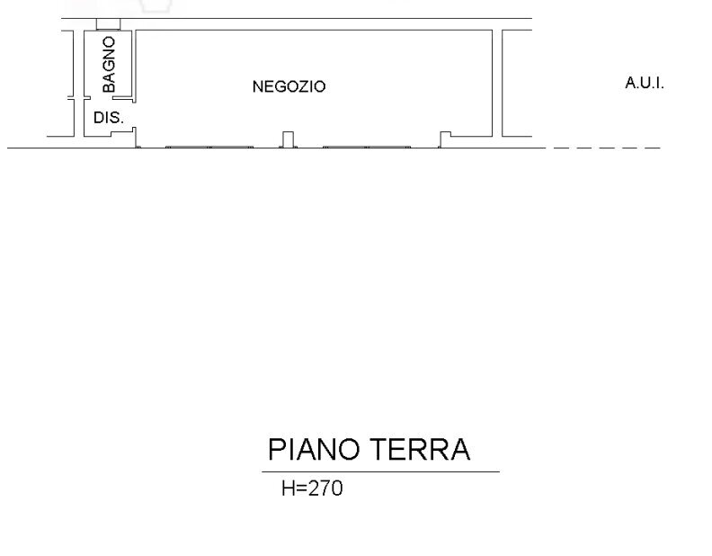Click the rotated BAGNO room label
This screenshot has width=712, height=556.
coord(109,64)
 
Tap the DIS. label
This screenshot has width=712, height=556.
coord(108,118)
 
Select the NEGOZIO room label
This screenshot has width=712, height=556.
coord(289,87)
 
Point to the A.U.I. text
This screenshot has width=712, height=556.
coord(644,84)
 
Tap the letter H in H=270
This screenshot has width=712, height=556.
coord(288,489)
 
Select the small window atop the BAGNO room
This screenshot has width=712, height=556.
coord(108,24)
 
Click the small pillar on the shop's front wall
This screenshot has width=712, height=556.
coord(288,139)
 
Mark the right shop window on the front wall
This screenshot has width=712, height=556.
coord(367,146)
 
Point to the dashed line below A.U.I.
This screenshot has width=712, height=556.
coord(607,147)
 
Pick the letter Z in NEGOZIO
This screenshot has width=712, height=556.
coord(299,87)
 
